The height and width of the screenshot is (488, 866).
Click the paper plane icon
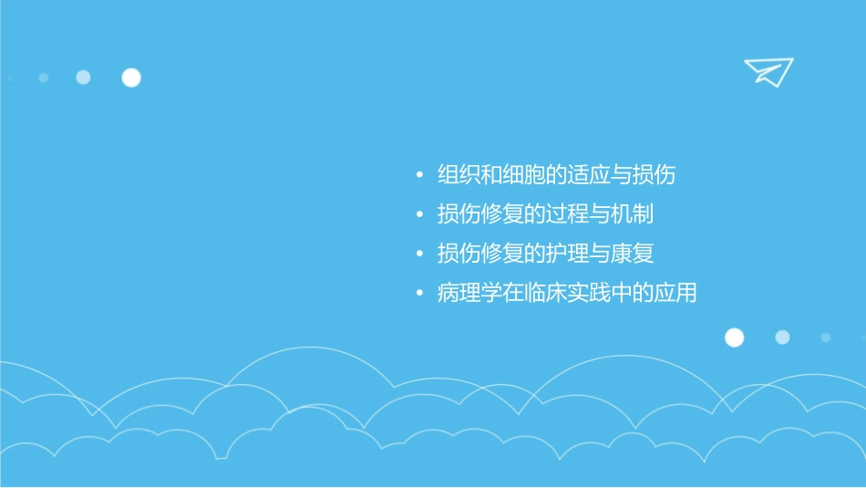[768, 72]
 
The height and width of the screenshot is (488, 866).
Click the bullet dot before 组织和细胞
[418, 175]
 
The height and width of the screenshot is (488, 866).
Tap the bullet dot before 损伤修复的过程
[418, 215]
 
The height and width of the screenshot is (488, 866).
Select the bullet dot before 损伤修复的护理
[418, 254]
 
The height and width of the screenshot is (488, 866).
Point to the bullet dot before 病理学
[418, 295]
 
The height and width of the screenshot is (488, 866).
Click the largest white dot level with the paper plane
[131, 78]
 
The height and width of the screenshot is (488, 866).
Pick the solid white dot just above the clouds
[734, 337]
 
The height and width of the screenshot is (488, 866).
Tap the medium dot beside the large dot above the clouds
[782, 337]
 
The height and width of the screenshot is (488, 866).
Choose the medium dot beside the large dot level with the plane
[83, 78]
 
